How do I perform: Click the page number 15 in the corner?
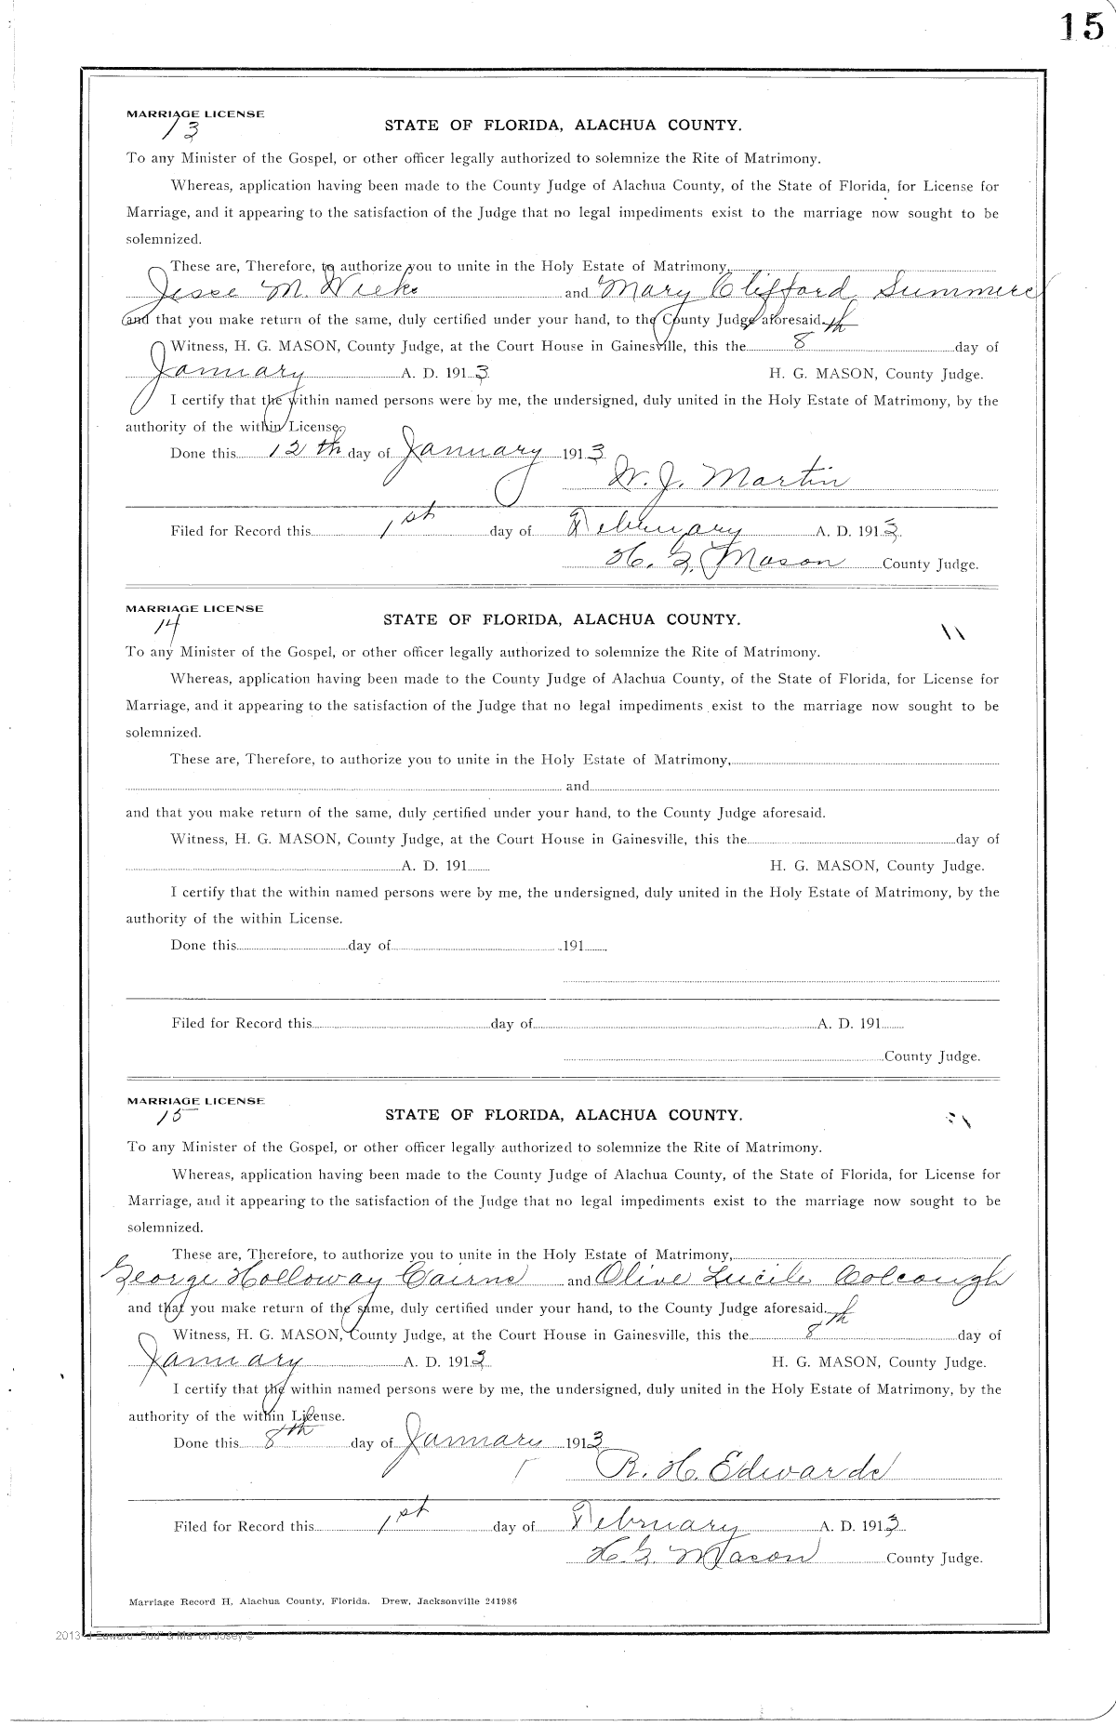(x=1079, y=27)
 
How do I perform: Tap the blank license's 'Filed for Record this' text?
(x=241, y=1023)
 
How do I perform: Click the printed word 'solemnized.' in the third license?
(x=164, y=1228)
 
